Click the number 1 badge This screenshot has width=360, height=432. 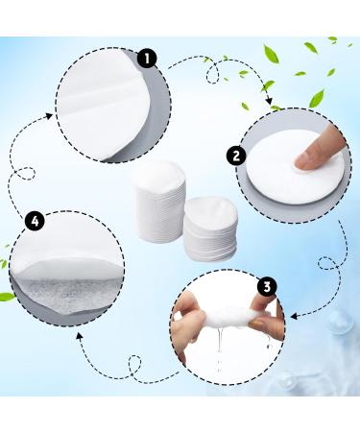coord(147,59)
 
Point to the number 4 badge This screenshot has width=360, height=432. coord(36,222)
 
